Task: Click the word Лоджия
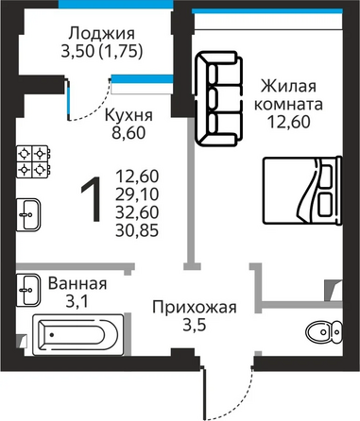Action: (x=102, y=33)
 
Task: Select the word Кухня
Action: (x=129, y=115)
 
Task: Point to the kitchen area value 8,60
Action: (x=129, y=133)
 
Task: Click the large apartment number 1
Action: (x=92, y=199)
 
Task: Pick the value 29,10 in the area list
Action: (x=137, y=194)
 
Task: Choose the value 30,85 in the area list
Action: (x=137, y=231)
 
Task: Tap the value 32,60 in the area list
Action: (x=137, y=212)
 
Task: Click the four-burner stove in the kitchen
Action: (x=33, y=161)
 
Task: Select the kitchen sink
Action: (x=28, y=214)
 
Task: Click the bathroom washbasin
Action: (x=28, y=290)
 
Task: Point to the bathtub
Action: (x=78, y=335)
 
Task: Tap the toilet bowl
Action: (x=324, y=331)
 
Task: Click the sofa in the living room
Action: (x=219, y=98)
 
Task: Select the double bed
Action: (x=302, y=191)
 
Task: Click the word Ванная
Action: (x=77, y=283)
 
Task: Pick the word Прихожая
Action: (x=195, y=307)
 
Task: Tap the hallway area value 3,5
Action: (x=195, y=325)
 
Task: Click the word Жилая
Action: (x=288, y=86)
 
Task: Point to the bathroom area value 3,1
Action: (x=77, y=301)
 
